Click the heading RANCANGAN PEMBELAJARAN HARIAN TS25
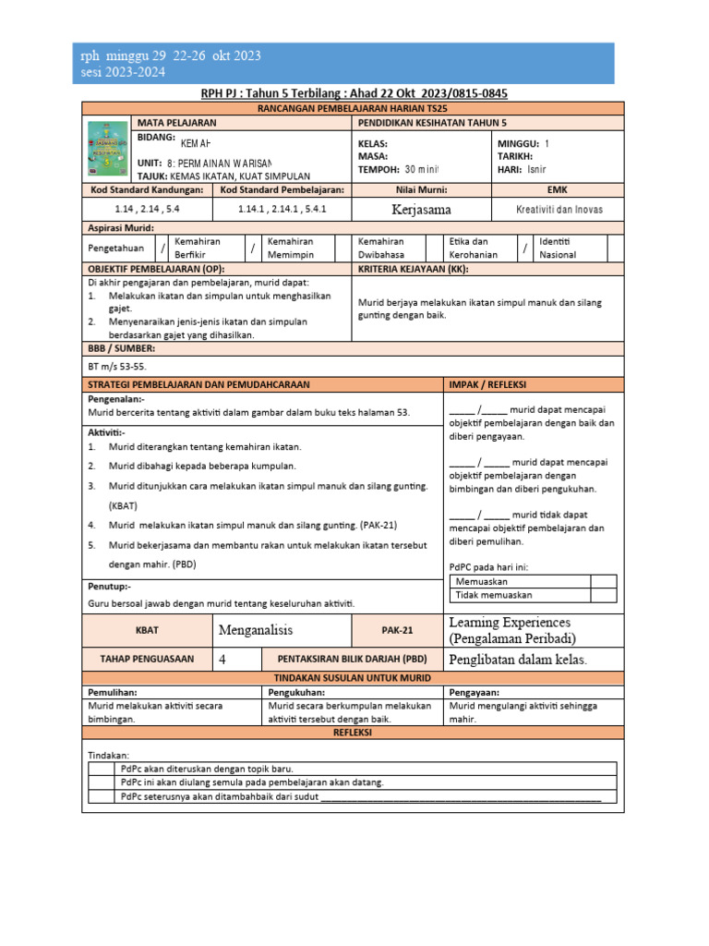point(354,108)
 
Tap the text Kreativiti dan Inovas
point(559,210)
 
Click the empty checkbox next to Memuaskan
point(603,582)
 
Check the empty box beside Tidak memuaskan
point(603,596)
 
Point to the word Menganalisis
point(255,630)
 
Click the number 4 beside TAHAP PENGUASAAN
point(222,660)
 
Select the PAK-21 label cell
point(398,631)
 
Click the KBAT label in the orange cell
point(147,631)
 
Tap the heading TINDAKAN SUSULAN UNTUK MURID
point(354,677)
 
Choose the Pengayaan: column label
point(476,691)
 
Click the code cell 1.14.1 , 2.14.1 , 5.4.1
point(282,210)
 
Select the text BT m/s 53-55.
point(118,366)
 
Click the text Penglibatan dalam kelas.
point(517,660)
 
